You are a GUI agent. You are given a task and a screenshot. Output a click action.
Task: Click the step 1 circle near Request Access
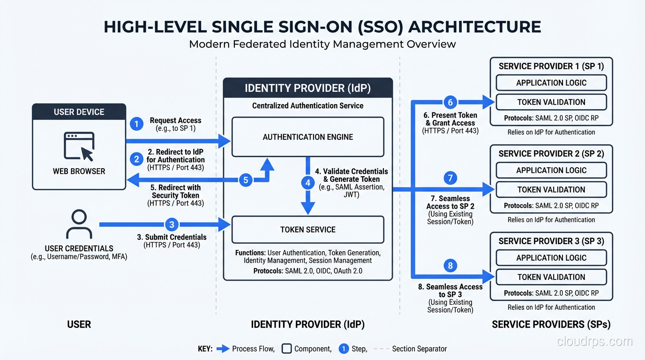136,124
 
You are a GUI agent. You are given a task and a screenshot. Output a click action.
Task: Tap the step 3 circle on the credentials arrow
172,225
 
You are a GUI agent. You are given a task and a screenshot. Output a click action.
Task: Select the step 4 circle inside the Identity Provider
307,183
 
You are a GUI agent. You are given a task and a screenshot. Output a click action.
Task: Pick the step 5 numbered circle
246,180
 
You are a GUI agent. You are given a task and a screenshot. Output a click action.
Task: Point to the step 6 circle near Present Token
450,102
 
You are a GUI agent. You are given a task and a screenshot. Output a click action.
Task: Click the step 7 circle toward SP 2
450,178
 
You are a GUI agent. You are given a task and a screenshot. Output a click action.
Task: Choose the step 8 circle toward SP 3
450,266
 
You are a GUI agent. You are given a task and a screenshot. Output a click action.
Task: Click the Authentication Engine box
308,137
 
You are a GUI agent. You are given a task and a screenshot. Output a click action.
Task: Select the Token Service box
308,230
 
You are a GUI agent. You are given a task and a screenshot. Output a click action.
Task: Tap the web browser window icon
79,146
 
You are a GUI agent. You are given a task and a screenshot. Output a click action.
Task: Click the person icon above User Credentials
79,225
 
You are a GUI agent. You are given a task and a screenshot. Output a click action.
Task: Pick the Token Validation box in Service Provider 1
551,102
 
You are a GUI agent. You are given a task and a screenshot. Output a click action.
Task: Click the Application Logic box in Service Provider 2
551,170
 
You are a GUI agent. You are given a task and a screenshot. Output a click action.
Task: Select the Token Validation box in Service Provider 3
551,277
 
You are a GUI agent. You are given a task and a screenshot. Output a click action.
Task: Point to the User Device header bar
79,112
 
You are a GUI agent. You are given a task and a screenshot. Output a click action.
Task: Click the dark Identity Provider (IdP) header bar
307,88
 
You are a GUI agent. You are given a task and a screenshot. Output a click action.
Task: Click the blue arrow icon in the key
224,349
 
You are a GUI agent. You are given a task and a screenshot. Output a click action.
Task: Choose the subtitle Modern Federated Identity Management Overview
322,44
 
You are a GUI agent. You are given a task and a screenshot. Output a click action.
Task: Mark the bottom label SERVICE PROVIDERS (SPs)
551,324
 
